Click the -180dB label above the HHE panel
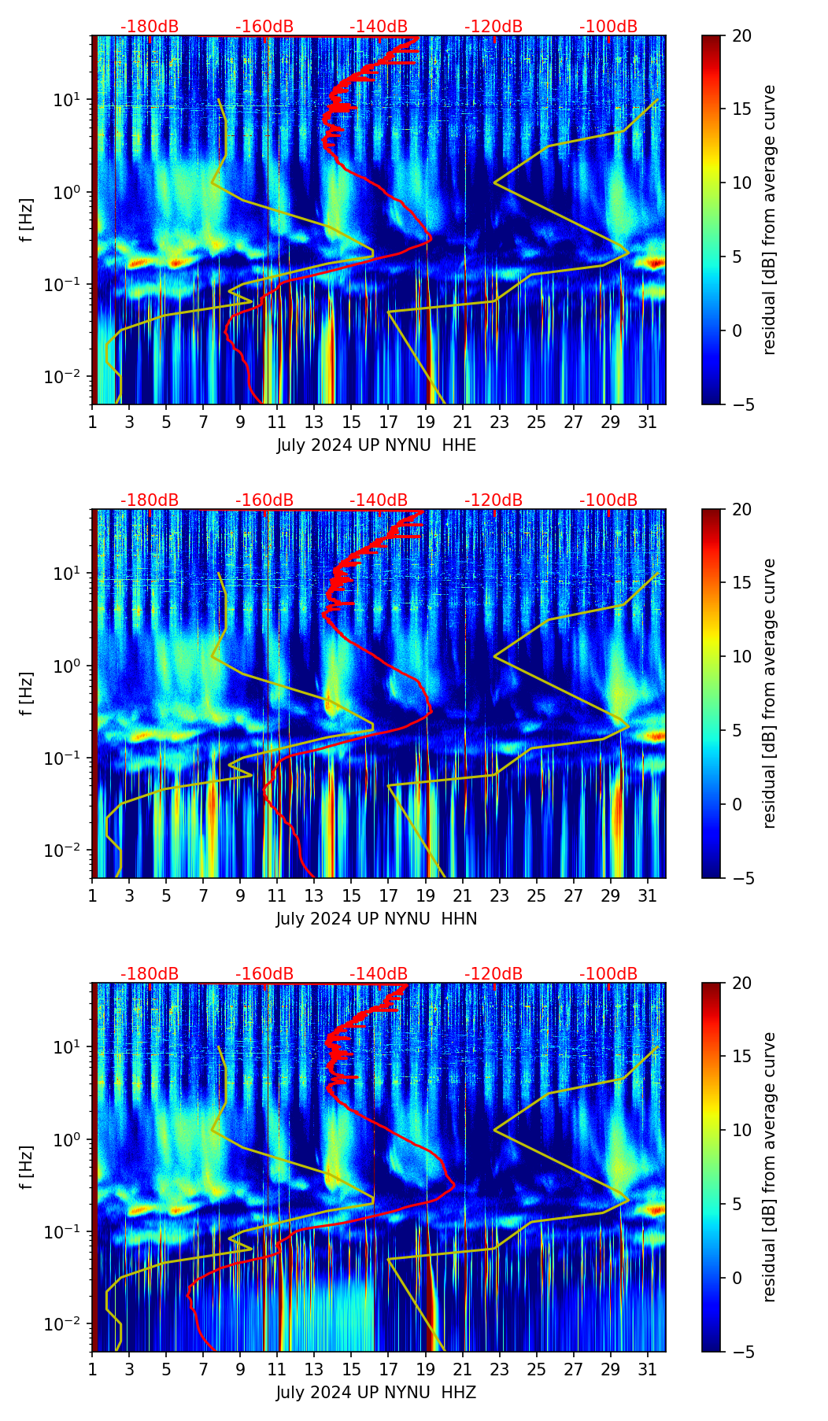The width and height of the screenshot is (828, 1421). point(150,27)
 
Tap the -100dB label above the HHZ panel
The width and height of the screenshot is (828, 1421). point(608,974)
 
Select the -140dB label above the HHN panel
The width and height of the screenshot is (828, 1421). point(379,500)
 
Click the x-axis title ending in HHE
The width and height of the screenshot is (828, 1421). point(376,445)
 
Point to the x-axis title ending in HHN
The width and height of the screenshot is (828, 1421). point(376,919)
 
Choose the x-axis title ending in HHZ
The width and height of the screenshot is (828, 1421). point(376,1393)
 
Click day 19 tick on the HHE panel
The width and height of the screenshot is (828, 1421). point(426,423)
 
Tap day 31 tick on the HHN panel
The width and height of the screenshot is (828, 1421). point(648,896)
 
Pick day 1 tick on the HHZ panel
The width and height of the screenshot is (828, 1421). point(93,1370)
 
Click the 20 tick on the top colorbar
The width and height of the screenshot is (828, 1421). point(741,35)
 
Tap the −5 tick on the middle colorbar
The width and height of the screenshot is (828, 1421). point(741,878)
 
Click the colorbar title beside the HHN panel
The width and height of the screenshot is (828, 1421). point(769,693)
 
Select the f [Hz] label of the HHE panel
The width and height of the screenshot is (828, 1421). point(27,220)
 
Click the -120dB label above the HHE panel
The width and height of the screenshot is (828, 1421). point(493,27)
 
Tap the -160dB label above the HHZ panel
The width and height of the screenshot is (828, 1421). point(264,974)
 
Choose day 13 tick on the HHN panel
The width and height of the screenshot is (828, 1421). point(315,896)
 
